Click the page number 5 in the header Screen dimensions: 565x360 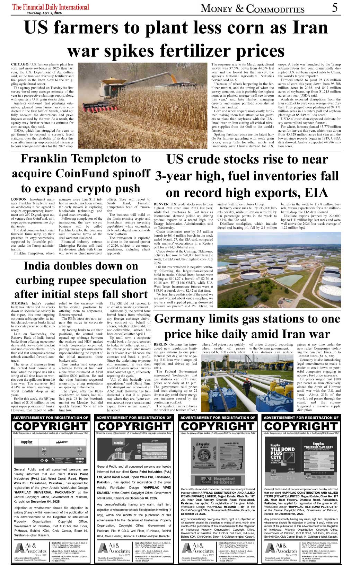[334, 7]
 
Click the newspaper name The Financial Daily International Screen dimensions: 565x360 [51, 7]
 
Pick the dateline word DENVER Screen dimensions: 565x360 [161, 204]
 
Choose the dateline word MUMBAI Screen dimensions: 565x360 [19, 303]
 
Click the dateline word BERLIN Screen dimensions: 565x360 [161, 345]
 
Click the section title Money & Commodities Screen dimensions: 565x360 [253, 8]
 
